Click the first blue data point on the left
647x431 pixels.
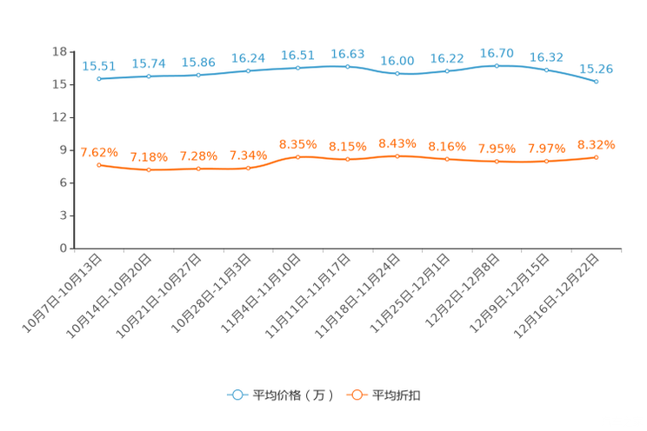click(100, 79)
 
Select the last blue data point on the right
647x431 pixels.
click(597, 82)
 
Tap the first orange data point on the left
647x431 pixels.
click(100, 164)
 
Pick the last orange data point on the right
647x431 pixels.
click(597, 157)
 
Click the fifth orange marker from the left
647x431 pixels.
click(298, 157)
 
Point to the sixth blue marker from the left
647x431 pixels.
click(348, 67)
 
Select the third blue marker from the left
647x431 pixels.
click(199, 76)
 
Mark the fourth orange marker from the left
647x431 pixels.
click(249, 169)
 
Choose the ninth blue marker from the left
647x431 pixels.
click(497, 66)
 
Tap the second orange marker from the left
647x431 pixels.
click(150, 170)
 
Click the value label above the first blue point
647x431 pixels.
click(99, 65)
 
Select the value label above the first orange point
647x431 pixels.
click(99, 152)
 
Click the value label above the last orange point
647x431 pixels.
click(597, 144)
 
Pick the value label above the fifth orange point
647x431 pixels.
click(298, 143)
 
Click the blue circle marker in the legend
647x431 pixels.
click(237, 395)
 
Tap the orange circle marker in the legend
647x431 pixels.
click(356, 395)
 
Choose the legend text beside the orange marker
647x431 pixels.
click(397, 395)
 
